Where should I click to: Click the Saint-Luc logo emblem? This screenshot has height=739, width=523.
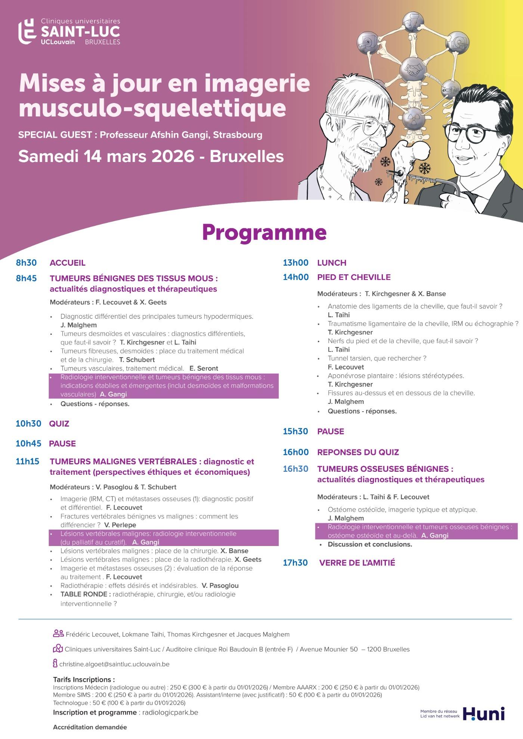[27, 31]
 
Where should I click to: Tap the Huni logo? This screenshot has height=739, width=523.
[484, 714]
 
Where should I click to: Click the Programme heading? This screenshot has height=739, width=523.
[264, 232]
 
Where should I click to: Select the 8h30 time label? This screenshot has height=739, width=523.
[26, 263]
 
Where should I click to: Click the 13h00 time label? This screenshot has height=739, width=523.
[295, 263]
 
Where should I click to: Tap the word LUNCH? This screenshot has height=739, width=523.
[332, 263]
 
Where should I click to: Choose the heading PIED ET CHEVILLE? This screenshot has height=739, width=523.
[354, 277]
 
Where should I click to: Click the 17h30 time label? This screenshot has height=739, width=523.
[295, 563]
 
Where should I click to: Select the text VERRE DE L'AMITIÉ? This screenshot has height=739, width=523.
[357, 563]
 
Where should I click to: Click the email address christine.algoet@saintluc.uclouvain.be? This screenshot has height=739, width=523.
[114, 664]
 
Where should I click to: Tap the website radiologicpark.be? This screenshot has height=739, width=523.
[170, 712]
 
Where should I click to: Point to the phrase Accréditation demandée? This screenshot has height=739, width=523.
[90, 727]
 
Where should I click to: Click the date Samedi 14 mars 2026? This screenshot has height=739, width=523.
[106, 156]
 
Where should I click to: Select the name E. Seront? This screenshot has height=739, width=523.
[204, 368]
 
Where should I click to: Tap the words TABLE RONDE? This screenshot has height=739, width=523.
[86, 594]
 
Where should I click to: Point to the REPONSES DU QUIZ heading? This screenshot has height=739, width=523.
[358, 452]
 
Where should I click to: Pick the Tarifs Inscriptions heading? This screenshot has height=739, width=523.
[84, 679]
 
